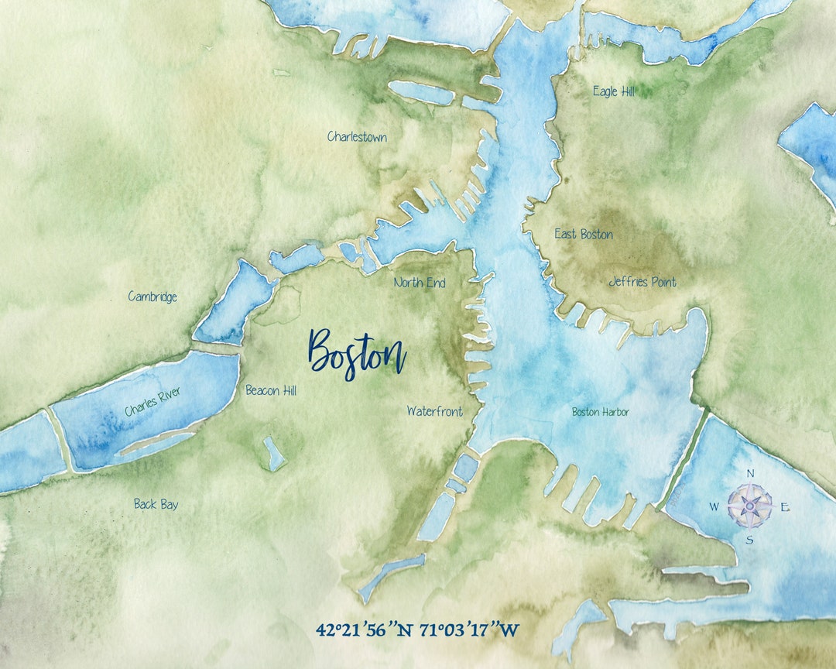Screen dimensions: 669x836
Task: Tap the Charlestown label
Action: (x=357, y=137)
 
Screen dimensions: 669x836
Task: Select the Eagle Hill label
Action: (x=614, y=91)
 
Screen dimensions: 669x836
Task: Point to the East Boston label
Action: (x=584, y=234)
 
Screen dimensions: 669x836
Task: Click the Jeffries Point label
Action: (x=642, y=282)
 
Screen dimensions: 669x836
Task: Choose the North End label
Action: (x=420, y=283)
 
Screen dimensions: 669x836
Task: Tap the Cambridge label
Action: (x=152, y=297)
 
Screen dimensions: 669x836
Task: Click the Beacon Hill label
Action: (x=271, y=390)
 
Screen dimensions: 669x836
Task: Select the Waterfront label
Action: (x=435, y=411)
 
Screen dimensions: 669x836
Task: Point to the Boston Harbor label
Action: (x=600, y=412)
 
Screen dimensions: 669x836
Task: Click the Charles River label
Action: (x=152, y=402)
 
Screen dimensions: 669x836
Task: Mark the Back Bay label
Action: (x=156, y=504)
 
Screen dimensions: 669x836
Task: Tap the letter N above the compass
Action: (x=749, y=474)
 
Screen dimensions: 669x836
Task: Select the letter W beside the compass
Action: (x=714, y=507)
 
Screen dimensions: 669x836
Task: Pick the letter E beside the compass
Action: (x=784, y=507)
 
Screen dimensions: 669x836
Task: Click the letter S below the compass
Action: (x=749, y=540)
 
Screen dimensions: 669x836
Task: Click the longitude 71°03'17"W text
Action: (x=469, y=630)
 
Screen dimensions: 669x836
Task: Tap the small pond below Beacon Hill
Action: (x=273, y=453)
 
